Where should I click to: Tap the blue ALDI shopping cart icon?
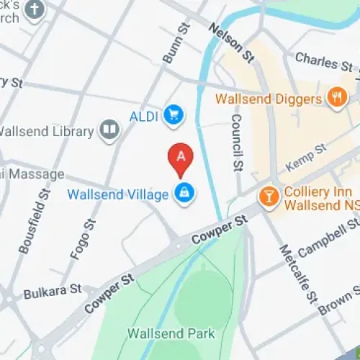pyautogui.click(x=172, y=114)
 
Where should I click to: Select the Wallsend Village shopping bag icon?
pyautogui.click(x=184, y=194)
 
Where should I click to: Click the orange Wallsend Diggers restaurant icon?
pyautogui.click(x=336, y=96)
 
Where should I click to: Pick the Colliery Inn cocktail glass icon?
pyautogui.click(x=269, y=196)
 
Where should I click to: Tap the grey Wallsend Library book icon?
pyautogui.click(x=109, y=130)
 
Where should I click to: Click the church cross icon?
pyautogui.click(x=34, y=9)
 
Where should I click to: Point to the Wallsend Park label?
pyautogui.click(x=171, y=333)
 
